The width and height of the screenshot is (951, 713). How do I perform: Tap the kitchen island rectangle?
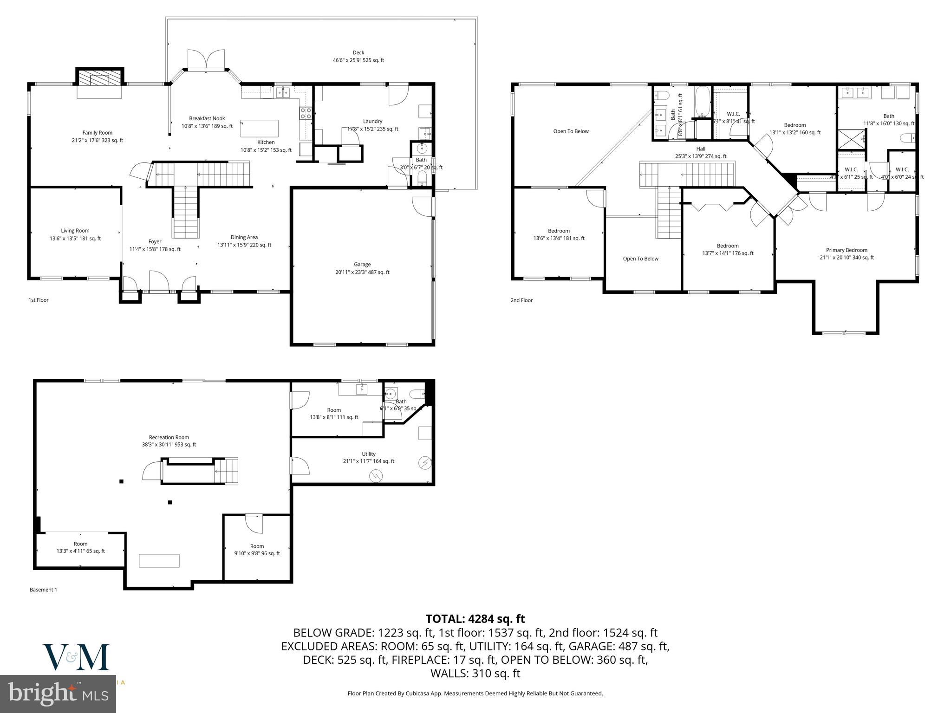coord(260,128)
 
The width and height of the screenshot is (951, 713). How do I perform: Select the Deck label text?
coord(358,56)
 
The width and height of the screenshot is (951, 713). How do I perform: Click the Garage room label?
coord(362,268)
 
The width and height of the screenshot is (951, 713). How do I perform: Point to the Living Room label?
coord(75,234)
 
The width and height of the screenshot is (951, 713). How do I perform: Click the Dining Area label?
coord(244,240)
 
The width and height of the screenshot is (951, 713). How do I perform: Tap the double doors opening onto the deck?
coord(206,60)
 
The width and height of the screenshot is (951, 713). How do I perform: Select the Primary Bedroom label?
coord(847,253)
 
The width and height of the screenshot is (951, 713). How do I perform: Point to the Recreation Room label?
coord(169,441)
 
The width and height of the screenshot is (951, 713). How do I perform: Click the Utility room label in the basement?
coord(369,457)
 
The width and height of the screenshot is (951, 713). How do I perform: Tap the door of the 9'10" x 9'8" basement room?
coord(254,524)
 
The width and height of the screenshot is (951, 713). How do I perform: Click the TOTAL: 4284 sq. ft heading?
coord(475,618)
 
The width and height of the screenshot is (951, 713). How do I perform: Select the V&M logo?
coord(76,656)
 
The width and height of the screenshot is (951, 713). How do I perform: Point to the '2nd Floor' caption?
coord(521,300)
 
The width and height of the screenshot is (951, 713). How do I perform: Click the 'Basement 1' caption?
coord(43,590)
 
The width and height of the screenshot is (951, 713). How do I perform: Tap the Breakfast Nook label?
coord(207,122)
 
